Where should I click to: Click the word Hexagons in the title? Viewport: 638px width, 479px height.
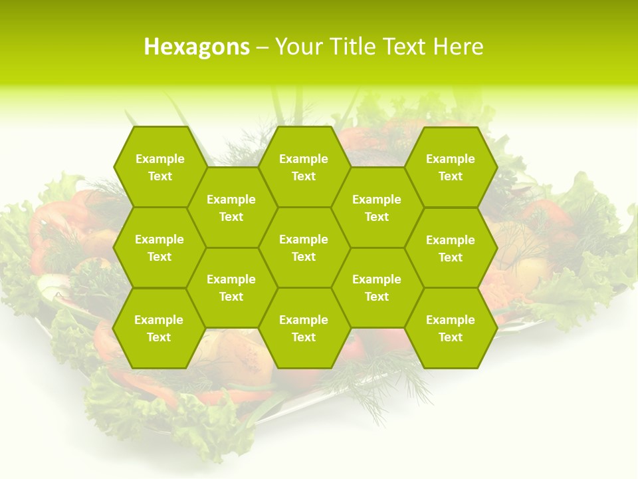197,47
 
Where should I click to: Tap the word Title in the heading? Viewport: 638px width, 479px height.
356,47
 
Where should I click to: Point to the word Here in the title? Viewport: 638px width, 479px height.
458,47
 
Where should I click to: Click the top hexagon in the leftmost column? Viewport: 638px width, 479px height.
159,167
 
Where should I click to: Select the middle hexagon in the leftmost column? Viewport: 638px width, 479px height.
159,247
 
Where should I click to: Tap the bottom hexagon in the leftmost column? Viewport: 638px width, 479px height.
159,328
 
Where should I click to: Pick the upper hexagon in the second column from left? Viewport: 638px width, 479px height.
231,208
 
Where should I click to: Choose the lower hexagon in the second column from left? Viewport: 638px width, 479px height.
231,287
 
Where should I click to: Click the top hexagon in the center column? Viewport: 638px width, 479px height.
304,167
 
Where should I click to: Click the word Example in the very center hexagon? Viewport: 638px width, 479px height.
304,239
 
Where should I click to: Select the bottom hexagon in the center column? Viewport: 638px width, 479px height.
304,328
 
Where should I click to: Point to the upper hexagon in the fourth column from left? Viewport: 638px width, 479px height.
377,208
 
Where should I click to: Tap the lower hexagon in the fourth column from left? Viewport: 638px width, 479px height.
377,287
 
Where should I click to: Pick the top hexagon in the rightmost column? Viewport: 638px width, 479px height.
451,167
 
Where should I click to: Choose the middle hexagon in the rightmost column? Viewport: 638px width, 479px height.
451,248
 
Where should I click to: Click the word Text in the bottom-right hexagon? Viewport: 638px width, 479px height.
451,337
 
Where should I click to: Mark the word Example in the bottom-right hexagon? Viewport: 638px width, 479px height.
451,320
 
